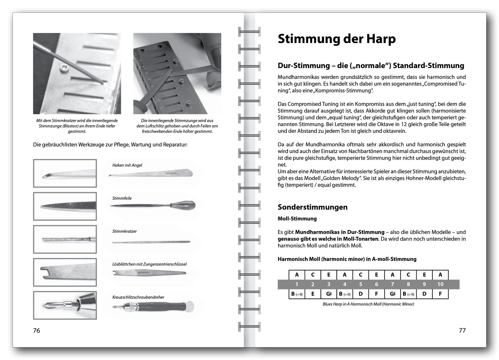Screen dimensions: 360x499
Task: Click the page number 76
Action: coord(36,330)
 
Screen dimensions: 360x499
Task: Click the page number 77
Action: coord(462,330)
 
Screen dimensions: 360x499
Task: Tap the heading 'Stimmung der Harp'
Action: coord(336,39)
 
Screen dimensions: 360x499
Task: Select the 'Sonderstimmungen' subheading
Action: coord(312,207)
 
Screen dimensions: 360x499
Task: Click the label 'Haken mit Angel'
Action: coord(127,165)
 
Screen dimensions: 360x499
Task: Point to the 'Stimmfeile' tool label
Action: coord(122,198)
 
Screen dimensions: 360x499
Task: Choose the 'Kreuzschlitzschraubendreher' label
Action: coord(138,297)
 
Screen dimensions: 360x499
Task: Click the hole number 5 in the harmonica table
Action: coord(361,284)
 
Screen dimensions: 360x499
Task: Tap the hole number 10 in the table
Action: coord(440,284)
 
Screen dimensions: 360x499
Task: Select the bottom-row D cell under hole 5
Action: coord(361,294)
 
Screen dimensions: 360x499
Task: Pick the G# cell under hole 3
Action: coord(329,294)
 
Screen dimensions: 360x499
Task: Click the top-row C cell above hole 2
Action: coord(313,275)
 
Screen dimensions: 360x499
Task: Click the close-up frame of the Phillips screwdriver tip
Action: coord(65,305)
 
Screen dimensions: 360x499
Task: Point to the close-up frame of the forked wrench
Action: coord(65,272)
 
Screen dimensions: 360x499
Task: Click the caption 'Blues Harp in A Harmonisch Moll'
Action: coord(368,304)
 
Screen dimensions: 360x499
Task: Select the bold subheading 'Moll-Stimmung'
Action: coord(297,219)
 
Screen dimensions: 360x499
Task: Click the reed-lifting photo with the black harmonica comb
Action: coord(177,74)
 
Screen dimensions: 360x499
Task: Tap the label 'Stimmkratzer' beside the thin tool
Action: coord(124,231)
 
